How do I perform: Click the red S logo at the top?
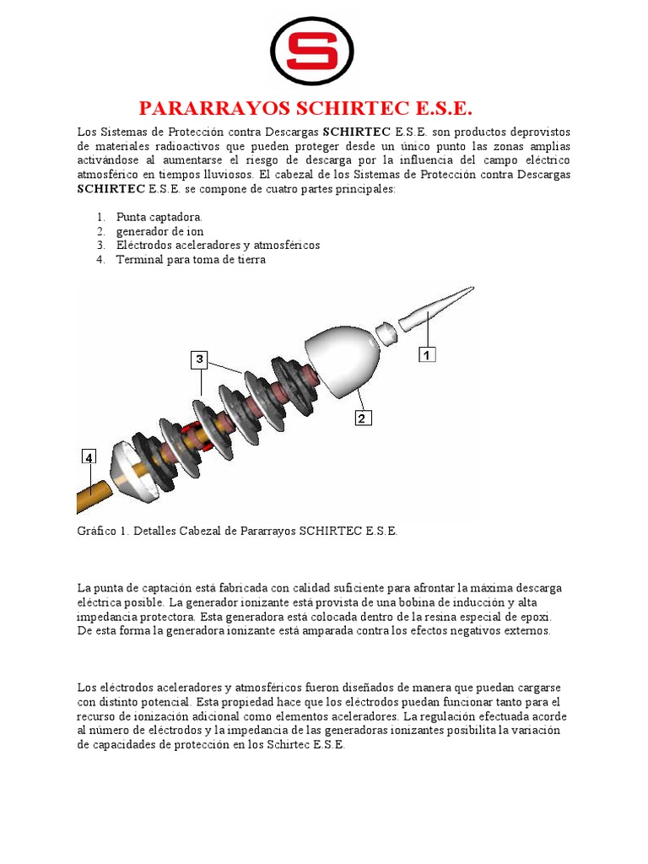click(x=311, y=51)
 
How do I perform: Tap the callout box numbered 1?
click(x=428, y=355)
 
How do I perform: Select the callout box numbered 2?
click(x=362, y=418)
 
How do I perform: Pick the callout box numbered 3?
click(x=199, y=360)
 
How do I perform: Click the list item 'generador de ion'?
click(x=159, y=231)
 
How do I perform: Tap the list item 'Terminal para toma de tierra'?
click(x=191, y=260)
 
